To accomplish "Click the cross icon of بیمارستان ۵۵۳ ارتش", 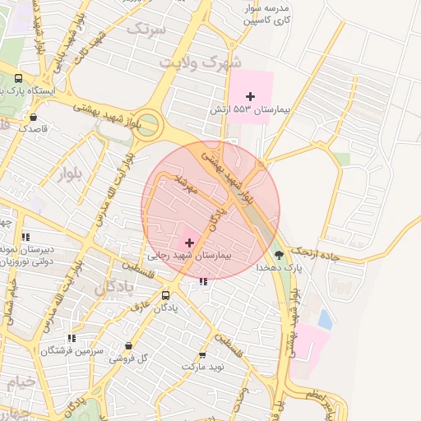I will pyautogui.click(x=251, y=96).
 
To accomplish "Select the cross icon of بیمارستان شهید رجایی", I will pyautogui.click(x=190, y=243).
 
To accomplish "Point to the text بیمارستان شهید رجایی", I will pyautogui.click(x=190, y=256).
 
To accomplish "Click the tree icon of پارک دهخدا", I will pyautogui.click(x=280, y=255).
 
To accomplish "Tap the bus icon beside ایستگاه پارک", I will pyautogui.click(x=18, y=79).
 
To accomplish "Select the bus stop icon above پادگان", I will pyautogui.click(x=165, y=295).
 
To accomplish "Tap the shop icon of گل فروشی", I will pyautogui.click(x=127, y=346).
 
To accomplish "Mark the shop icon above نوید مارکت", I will pyautogui.click(x=202, y=354).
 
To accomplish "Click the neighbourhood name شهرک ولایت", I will pyautogui.click(x=201, y=61).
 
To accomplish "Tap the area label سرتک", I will pyautogui.click(x=146, y=30).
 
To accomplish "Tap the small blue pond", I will pyautogui.click(x=325, y=320).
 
